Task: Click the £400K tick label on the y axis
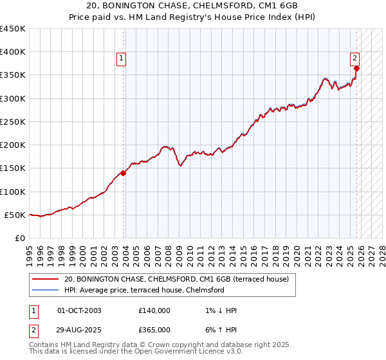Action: pyautogui.click(x=13, y=52)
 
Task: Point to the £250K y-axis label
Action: pyautogui.click(x=13, y=122)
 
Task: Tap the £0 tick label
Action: pyautogui.click(x=21, y=238)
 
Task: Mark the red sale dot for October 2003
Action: pyautogui.click(x=124, y=173)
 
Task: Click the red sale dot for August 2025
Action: pyautogui.click(x=356, y=69)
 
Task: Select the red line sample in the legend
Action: pyautogui.click(x=46, y=279)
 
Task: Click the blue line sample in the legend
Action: pyautogui.click(x=46, y=290)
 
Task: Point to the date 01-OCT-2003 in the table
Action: pyautogui.click(x=79, y=310)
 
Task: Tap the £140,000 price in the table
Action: pyautogui.click(x=154, y=310)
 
